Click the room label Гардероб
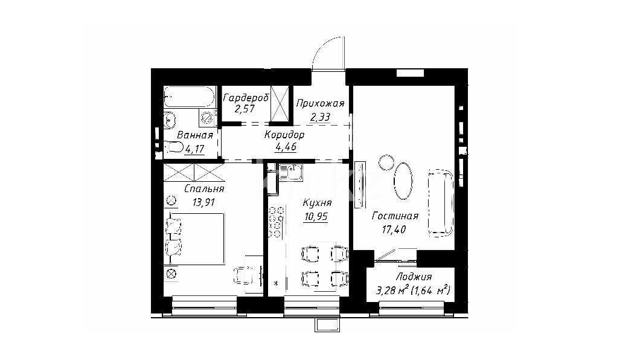pyautogui.click(x=246, y=98)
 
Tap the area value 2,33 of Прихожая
pyautogui.click(x=320, y=117)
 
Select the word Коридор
pyautogui.click(x=284, y=135)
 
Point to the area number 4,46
pyautogui.click(x=286, y=147)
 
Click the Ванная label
pyautogui.click(x=195, y=135)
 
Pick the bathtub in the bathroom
pyautogui.click(x=189, y=97)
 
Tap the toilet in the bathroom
pyautogui.click(x=174, y=147)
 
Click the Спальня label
pyautogui.click(x=204, y=189)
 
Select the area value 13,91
pyautogui.click(x=203, y=202)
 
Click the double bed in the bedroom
pyautogui.click(x=194, y=239)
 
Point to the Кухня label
pyautogui.click(x=317, y=203)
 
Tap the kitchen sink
pyautogui.click(x=290, y=172)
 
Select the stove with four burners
pyautogui.click(x=277, y=222)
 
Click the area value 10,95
pyautogui.click(x=316, y=216)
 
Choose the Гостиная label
pyautogui.click(x=395, y=216)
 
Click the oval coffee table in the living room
pyautogui.click(x=403, y=181)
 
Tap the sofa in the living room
pyautogui.click(x=441, y=203)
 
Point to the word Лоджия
pyautogui.click(x=414, y=277)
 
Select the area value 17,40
pyautogui.click(x=394, y=230)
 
